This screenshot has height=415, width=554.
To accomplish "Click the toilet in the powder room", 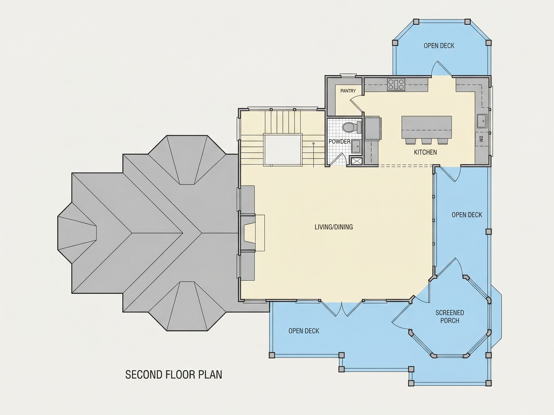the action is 352,127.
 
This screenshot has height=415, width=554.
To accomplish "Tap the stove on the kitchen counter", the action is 396,84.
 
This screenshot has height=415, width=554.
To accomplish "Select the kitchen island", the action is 427,127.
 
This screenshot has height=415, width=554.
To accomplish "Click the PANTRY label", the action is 348,91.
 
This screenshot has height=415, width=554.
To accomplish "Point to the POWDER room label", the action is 339,142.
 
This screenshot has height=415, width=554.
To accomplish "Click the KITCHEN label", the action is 425,152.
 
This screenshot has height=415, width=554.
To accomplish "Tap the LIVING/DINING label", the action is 334,227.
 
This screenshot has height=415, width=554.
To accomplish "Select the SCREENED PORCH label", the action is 450,317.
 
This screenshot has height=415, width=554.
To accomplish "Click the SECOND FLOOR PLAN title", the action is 174,375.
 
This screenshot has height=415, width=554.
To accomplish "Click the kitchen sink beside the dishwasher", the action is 482,122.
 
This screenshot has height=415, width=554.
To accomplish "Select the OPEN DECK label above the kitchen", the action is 439,46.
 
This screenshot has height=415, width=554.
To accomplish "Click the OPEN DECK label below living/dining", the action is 304,331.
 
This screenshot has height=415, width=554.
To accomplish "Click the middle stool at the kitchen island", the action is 426,141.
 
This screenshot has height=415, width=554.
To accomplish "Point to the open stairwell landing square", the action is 283,150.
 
